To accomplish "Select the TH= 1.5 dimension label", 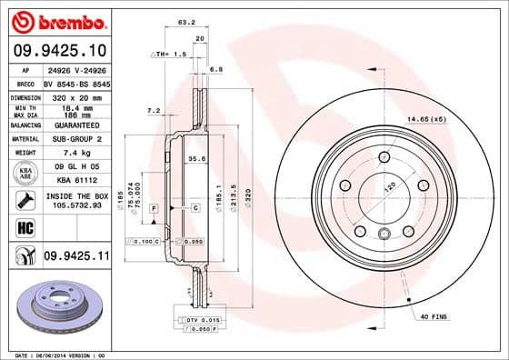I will coord(174,55).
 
